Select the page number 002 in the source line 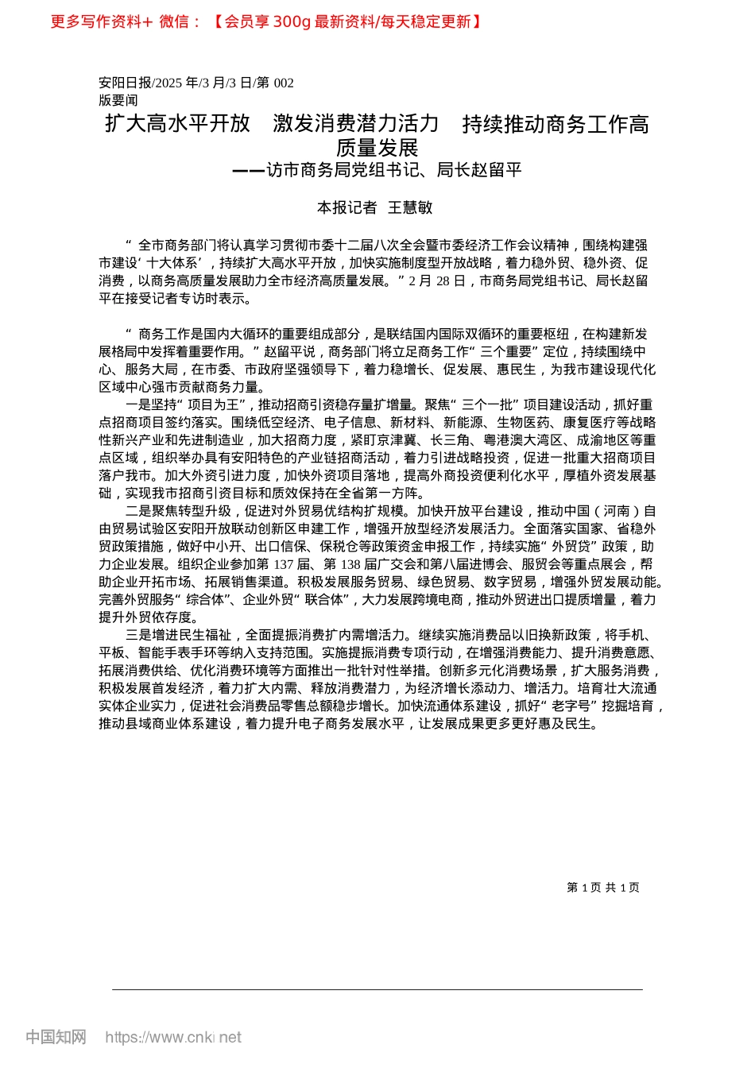(283, 83)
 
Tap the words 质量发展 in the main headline (377, 148)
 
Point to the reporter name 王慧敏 (410, 207)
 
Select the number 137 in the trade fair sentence (283, 564)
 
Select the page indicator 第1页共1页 (603, 888)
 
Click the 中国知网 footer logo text (56, 1037)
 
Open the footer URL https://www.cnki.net (173, 1037)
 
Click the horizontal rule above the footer (377, 989)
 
